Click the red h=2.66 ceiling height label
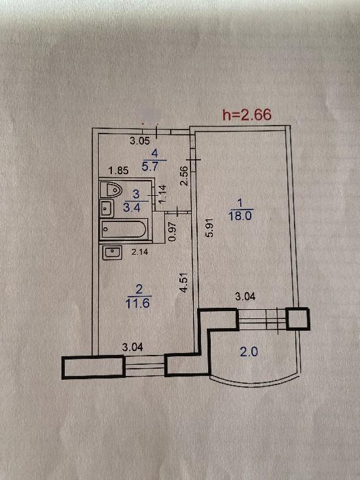pyautogui.click(x=247, y=115)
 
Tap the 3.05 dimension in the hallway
pyautogui.click(x=140, y=141)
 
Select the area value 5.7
pyautogui.click(x=150, y=166)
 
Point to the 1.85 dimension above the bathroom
pyautogui.click(x=118, y=170)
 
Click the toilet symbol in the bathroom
pyautogui.click(x=111, y=189)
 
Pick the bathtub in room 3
pyautogui.click(x=124, y=229)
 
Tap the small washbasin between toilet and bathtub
pyautogui.click(x=107, y=208)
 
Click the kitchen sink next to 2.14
pyautogui.click(x=112, y=253)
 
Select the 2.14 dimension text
pyautogui.click(x=139, y=252)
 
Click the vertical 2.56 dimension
pyautogui.click(x=183, y=175)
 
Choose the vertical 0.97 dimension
pyautogui.click(x=173, y=231)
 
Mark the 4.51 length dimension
pyautogui.click(x=183, y=283)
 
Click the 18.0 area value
pyautogui.click(x=240, y=216)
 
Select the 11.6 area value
pyautogui.click(x=137, y=303)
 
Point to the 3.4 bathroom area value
pyautogui.click(x=132, y=207)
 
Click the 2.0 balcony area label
pyautogui.click(x=249, y=352)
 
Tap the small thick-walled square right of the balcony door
pyautogui.click(x=298, y=319)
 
